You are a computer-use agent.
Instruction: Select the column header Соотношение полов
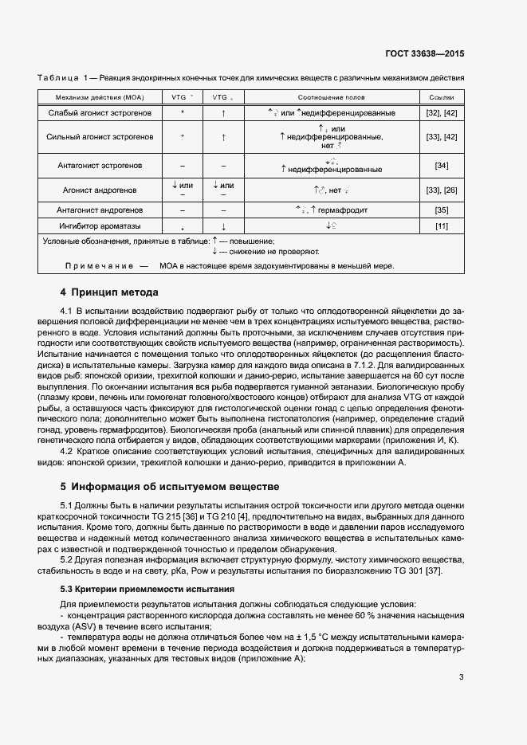(332, 96)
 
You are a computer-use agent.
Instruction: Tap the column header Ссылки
(441, 96)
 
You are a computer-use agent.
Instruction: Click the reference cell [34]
(441, 165)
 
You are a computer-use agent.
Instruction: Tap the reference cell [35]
(441, 210)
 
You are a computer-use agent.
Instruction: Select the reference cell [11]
(441, 226)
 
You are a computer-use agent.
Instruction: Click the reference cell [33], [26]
(441, 190)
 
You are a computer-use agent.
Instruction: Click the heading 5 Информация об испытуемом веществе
(170, 485)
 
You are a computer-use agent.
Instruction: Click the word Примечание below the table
(99, 265)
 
